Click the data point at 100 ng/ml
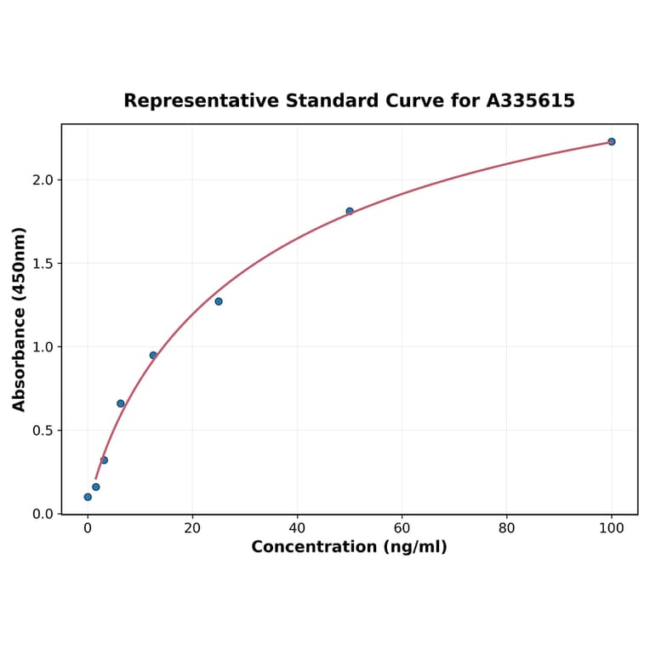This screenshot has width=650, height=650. click(x=611, y=141)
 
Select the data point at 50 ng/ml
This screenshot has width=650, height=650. click(x=350, y=211)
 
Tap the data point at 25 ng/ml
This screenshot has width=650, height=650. click(x=219, y=301)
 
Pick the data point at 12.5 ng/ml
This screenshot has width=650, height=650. click(x=153, y=356)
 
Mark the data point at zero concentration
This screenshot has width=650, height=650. click(x=88, y=497)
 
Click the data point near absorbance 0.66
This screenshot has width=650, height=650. click(x=121, y=403)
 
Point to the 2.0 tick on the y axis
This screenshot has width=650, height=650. click(x=42, y=180)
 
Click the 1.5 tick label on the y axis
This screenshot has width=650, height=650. click(x=42, y=264)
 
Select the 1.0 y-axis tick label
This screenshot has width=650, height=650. click(x=42, y=347)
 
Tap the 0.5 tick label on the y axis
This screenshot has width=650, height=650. click(x=42, y=430)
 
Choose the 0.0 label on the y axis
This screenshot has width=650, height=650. click(x=42, y=514)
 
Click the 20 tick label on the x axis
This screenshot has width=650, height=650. click(x=192, y=528)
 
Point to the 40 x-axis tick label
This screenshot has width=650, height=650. click(x=297, y=528)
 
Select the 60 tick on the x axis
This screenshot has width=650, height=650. click(x=402, y=528)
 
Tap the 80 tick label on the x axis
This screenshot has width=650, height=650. click(x=506, y=528)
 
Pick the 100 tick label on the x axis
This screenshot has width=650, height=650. click(x=611, y=528)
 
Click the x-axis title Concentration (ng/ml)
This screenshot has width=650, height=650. click(x=349, y=547)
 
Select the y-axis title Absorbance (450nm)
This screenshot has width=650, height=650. click(x=20, y=319)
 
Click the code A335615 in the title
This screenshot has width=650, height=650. click(x=531, y=101)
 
